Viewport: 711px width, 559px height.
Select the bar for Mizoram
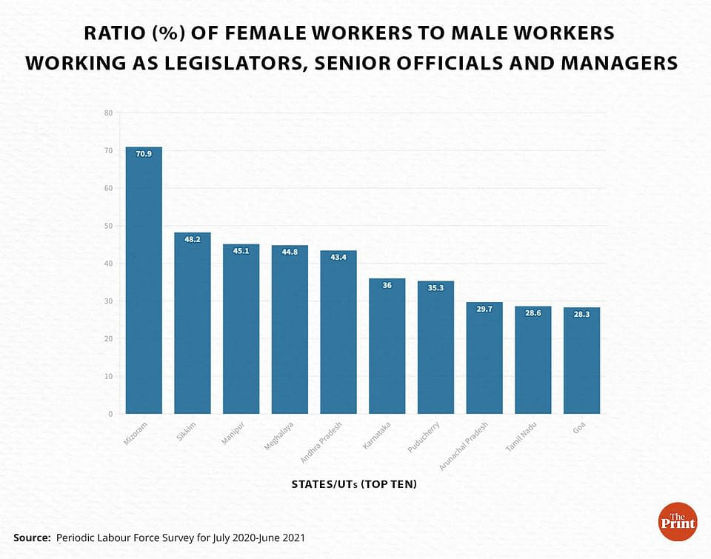pyautogui.click(x=144, y=281)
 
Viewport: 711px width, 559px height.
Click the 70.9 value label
pyautogui.click(x=144, y=154)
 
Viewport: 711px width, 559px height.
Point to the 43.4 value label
pyautogui.click(x=338, y=258)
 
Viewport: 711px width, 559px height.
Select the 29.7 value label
pyautogui.click(x=484, y=309)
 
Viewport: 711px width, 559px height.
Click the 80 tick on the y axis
pyautogui.click(x=108, y=113)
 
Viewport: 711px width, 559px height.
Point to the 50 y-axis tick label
pyautogui.click(x=108, y=226)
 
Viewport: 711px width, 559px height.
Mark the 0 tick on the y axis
pyautogui.click(x=110, y=414)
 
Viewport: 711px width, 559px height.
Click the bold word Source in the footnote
pyautogui.click(x=31, y=537)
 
